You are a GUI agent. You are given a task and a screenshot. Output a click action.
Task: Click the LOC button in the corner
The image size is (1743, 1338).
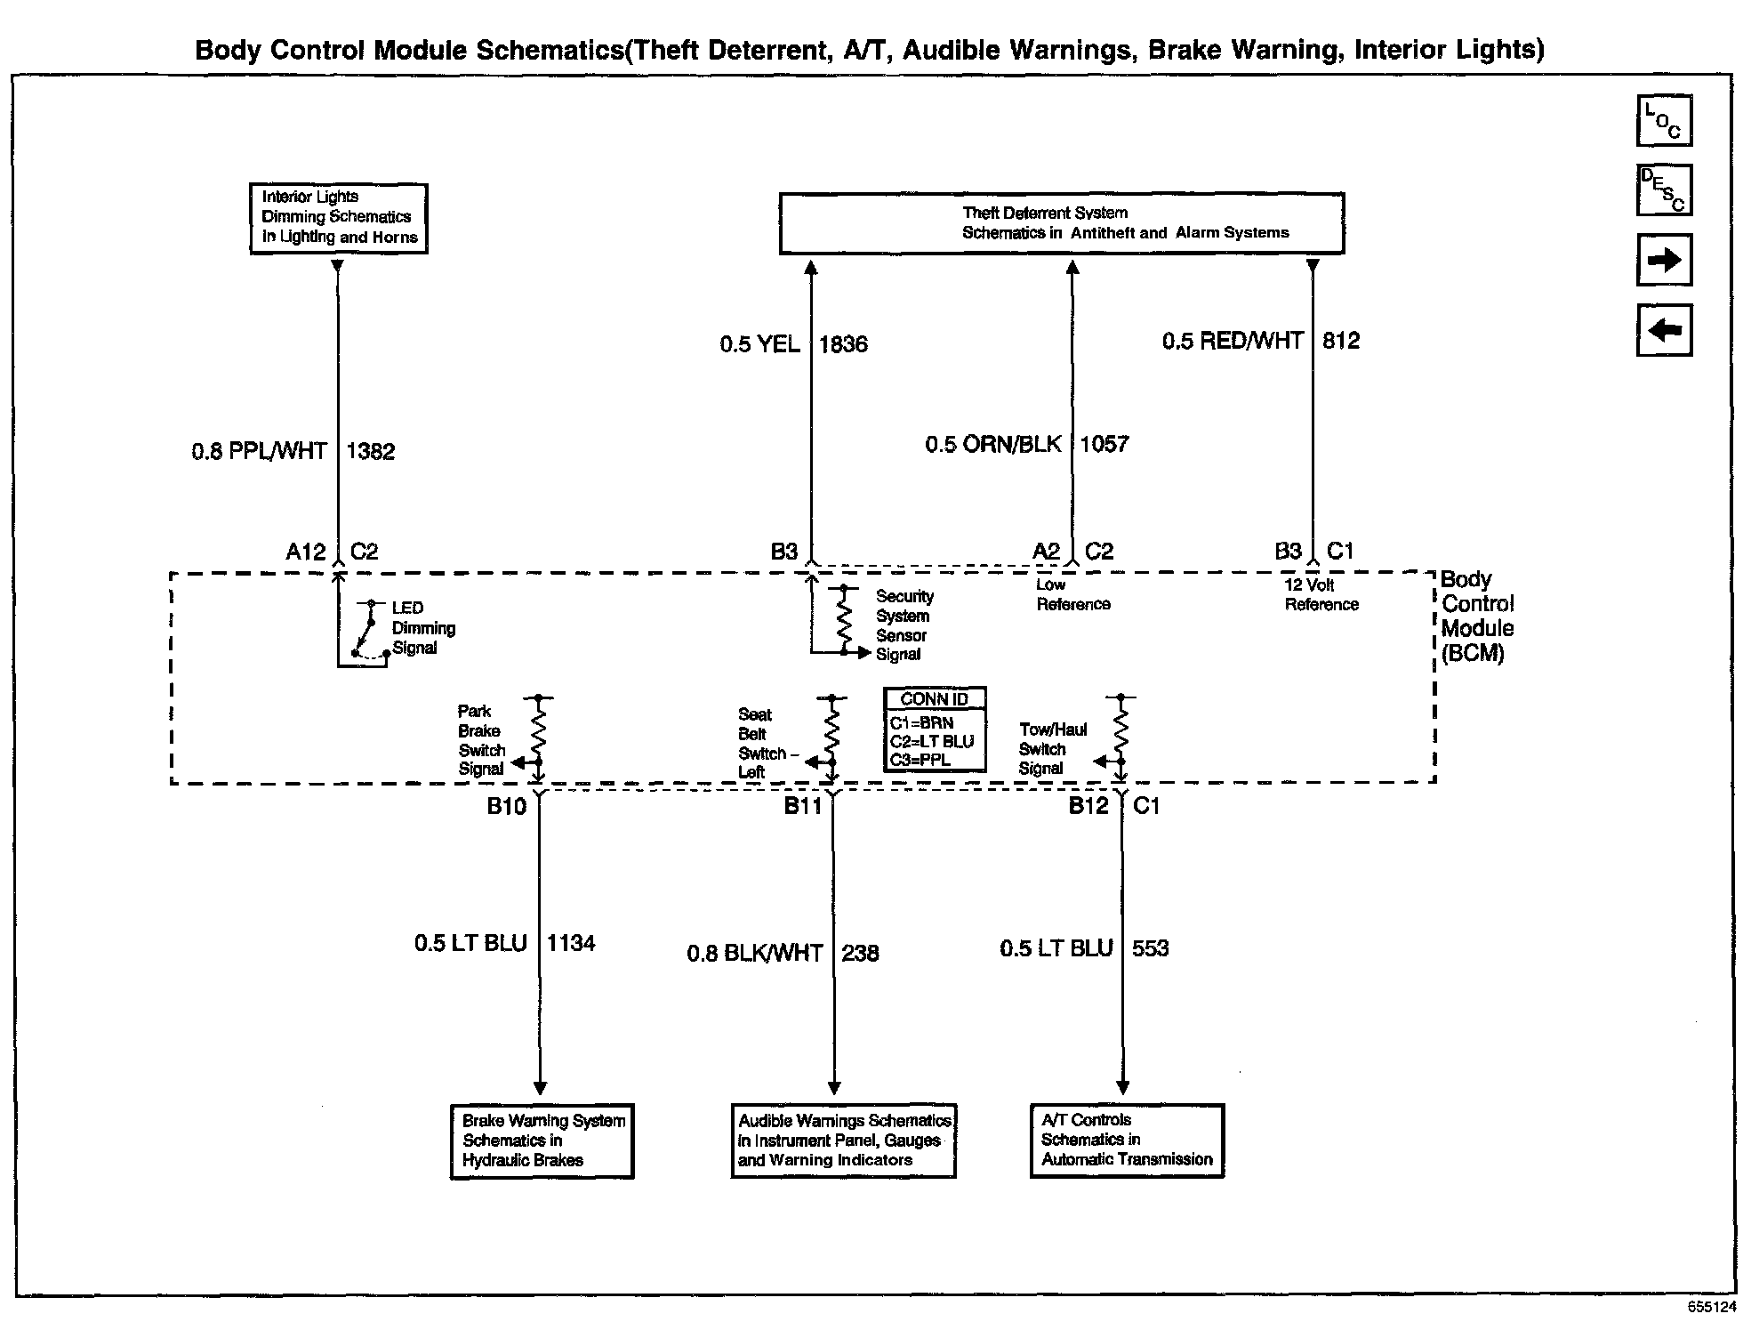1664,120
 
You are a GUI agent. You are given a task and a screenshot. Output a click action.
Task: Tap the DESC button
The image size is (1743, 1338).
1664,190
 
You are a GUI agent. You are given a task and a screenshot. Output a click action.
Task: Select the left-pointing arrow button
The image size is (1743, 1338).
1664,330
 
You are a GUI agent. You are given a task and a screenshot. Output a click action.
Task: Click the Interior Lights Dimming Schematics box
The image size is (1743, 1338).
338,218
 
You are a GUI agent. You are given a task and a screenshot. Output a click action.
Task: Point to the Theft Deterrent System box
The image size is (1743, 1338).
1061,223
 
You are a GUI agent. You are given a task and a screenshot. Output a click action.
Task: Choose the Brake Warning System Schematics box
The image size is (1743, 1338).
542,1141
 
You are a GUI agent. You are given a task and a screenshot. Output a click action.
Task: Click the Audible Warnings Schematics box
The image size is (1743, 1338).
843,1141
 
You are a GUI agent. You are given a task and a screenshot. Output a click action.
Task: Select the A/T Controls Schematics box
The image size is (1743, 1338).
1127,1141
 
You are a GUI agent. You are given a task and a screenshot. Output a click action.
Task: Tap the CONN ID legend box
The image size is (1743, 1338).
935,729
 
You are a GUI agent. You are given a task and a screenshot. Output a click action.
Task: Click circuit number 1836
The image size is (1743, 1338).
843,344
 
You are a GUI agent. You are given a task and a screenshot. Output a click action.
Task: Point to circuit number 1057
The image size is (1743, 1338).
1104,444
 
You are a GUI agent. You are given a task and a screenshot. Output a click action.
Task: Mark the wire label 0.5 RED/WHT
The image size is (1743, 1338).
1233,341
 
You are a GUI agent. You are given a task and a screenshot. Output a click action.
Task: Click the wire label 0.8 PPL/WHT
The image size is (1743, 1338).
260,451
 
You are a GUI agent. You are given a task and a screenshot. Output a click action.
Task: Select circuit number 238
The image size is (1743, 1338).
860,953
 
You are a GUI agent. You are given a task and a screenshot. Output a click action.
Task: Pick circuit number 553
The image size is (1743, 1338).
1150,948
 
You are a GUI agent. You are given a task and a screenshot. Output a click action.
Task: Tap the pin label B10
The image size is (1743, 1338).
507,806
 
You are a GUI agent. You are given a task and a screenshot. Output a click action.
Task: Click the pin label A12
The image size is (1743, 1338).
306,552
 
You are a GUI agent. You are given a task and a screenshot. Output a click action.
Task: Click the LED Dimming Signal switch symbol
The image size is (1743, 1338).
367,632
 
